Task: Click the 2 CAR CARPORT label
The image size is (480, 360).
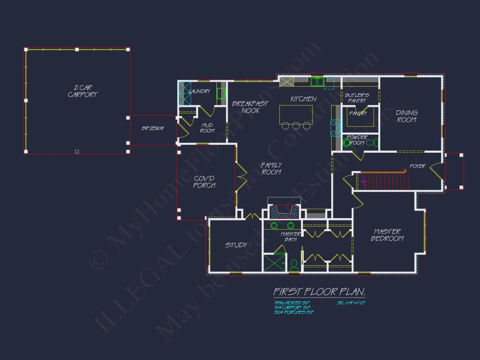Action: tap(82, 91)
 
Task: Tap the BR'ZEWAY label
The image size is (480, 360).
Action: tap(153, 129)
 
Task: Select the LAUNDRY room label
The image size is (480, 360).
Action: tap(199, 91)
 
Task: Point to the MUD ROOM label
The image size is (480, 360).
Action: tap(207, 128)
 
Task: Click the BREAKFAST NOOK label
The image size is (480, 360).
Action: tap(250, 107)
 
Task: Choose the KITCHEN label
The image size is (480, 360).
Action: tap(303, 99)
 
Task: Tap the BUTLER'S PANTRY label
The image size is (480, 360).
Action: tap(357, 98)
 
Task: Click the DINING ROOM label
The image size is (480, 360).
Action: tap(407, 116)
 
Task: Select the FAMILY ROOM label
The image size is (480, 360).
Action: tap(271, 168)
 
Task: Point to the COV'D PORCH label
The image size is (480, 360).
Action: tap(204, 182)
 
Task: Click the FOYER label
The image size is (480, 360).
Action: tap(417, 166)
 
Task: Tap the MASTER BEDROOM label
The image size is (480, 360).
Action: tap(387, 235)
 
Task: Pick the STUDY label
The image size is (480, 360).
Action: tap(236, 245)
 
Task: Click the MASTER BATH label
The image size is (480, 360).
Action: tap(291, 237)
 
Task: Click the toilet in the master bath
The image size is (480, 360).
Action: tap(294, 264)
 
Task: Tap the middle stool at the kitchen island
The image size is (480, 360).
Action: tap(296, 126)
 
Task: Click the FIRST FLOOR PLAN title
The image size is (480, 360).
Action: tap(319, 291)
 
